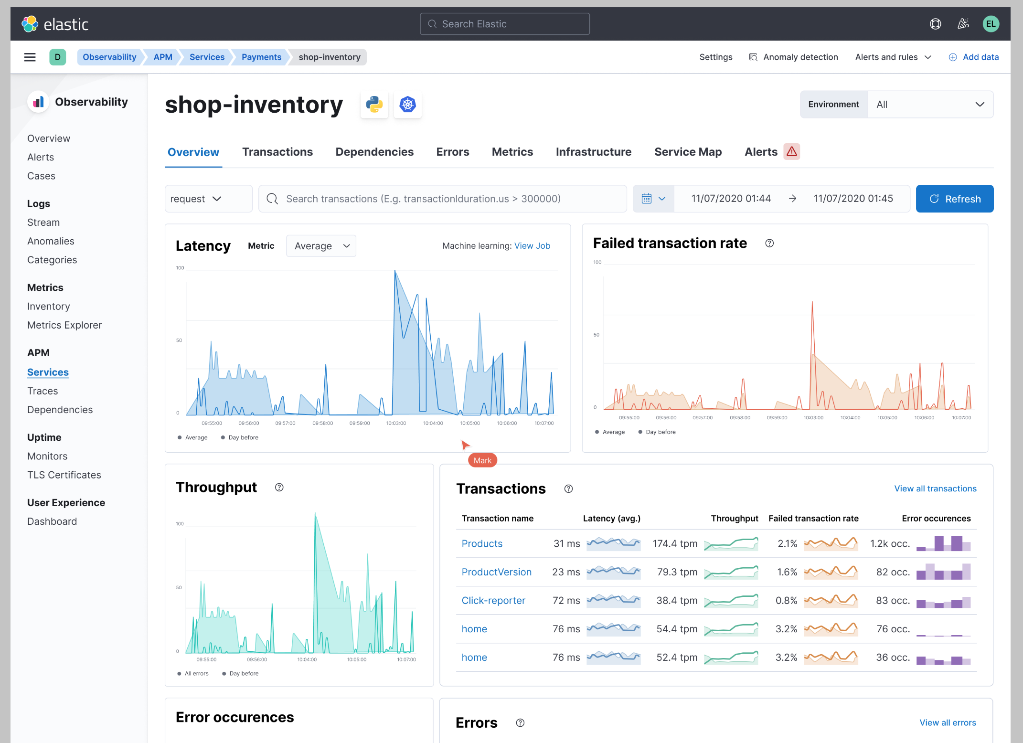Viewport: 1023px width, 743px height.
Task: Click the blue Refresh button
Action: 954,199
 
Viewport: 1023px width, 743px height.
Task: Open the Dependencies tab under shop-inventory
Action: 374,152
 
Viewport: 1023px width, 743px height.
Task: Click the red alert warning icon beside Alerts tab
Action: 791,152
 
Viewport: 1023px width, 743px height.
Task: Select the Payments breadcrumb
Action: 261,57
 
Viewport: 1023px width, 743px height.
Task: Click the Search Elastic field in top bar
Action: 504,24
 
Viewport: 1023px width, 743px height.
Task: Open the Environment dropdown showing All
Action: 930,105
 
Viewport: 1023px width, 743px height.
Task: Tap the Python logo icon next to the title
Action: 374,105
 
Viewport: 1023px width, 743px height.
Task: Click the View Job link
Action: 532,246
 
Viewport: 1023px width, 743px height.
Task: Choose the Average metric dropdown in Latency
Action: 321,246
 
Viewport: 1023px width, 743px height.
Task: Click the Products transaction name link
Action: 482,543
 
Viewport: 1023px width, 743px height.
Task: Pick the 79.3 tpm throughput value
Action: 677,572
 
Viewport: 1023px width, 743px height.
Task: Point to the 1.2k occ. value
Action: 890,543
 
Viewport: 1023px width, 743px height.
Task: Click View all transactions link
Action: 935,488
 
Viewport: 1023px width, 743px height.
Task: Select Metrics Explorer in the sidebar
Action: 64,325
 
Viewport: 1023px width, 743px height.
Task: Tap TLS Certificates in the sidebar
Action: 64,475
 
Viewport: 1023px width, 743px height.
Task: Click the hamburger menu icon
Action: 30,57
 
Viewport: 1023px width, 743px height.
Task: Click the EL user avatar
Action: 991,24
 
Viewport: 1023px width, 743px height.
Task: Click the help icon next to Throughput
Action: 279,487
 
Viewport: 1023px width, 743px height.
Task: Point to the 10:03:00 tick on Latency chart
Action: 396,423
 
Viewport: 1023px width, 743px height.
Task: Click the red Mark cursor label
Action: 482,460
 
